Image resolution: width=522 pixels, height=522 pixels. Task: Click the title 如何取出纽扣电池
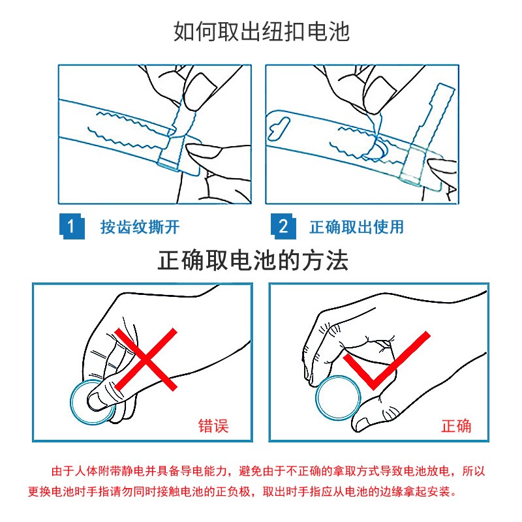(x=261, y=31)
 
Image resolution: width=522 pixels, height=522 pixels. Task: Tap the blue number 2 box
(x=283, y=226)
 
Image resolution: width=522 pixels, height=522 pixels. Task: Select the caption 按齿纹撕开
(x=140, y=227)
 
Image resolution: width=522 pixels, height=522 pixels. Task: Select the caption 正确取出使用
(x=356, y=227)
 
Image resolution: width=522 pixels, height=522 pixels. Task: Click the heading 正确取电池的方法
(x=253, y=262)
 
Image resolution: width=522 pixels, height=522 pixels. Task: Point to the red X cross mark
(x=146, y=360)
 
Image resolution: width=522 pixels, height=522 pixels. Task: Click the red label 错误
(x=213, y=427)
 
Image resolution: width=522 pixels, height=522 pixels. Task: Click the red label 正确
(x=456, y=427)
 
